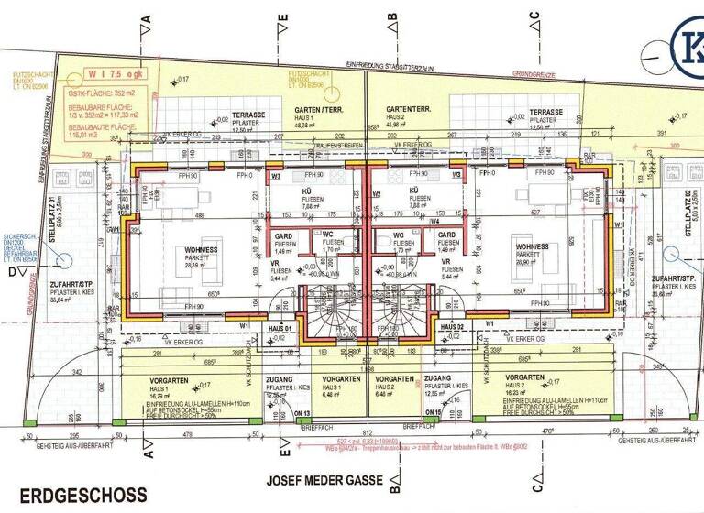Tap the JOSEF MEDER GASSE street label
[x=327, y=479]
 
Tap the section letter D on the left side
[x=13, y=273]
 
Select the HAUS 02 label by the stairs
[x=453, y=327]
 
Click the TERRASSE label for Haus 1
[x=248, y=115]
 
